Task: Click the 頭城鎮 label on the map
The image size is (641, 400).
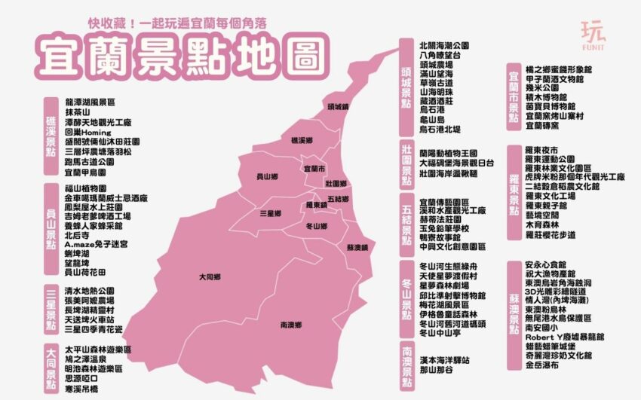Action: click(339, 107)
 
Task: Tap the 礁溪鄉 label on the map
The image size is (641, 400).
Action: click(301, 140)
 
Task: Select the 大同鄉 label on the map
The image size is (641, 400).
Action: click(209, 277)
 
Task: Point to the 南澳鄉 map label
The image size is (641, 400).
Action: click(291, 325)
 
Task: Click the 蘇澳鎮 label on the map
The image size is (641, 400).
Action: click(357, 247)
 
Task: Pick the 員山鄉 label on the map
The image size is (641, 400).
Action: click(267, 176)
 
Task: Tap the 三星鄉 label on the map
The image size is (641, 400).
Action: click(270, 213)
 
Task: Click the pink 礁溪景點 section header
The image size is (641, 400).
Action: click(51, 136)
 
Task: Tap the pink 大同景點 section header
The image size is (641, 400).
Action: click(51, 367)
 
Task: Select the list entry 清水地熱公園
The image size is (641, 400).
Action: click(90, 290)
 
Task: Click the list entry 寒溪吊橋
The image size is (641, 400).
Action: click(82, 390)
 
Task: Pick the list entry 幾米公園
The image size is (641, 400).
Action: click(541, 88)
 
